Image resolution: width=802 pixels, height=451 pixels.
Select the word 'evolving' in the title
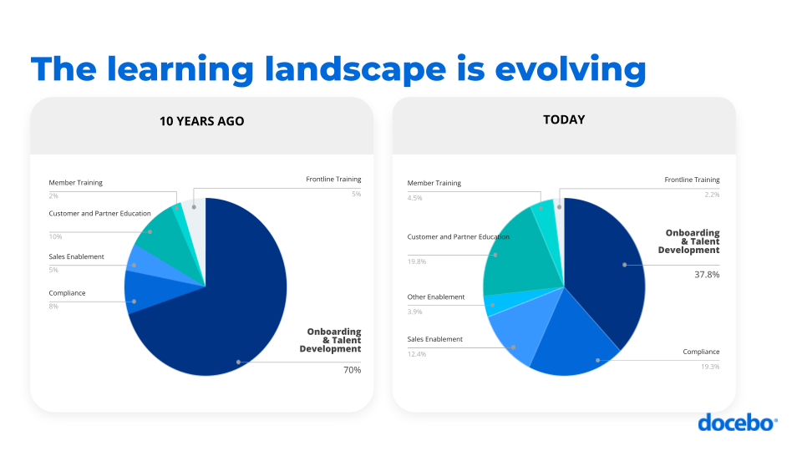[x=571, y=68]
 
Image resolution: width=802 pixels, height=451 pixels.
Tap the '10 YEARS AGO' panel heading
[x=202, y=121]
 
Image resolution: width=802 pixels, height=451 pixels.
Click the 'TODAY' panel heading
[x=564, y=119]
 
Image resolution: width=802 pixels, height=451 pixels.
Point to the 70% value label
[x=353, y=369]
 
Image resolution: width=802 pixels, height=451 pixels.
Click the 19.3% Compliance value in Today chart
[x=709, y=367]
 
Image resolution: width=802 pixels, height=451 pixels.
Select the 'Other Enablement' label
[x=435, y=297]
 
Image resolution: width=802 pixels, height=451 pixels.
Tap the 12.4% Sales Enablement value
[x=417, y=354]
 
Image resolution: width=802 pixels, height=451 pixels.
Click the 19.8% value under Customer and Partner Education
[x=417, y=261]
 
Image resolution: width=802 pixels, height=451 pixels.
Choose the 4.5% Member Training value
[x=415, y=198]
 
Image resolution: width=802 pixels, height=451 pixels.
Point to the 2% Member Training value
[x=54, y=195]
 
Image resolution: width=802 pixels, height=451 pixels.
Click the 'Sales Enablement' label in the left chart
[x=77, y=256]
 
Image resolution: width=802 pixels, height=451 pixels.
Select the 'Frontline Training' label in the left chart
[x=333, y=180]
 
